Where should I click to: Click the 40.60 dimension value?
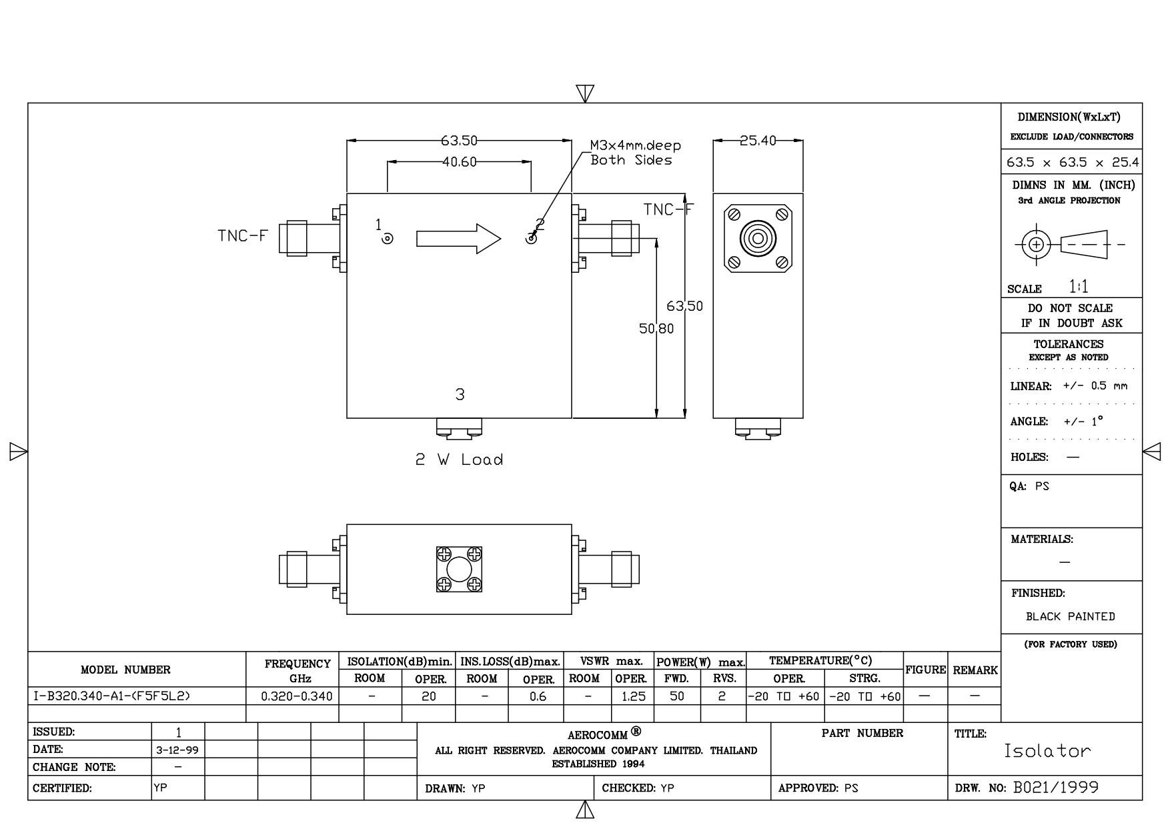click(458, 161)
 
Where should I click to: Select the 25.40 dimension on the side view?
click(758, 141)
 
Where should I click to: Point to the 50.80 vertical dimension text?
click(656, 329)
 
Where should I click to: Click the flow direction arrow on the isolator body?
click(458, 238)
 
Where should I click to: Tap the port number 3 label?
click(460, 395)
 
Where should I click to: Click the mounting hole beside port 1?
click(388, 238)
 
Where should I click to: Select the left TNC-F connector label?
click(243, 235)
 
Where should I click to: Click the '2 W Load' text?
click(460, 460)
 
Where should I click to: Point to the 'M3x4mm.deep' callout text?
click(635, 145)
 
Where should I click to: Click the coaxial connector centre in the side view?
click(758, 238)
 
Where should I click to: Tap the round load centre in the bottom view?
click(459, 570)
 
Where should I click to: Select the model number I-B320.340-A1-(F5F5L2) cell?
click(111, 696)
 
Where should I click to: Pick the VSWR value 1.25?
click(632, 696)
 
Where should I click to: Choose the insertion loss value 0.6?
click(537, 696)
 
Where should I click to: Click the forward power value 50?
click(676, 696)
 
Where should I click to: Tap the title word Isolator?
click(1047, 751)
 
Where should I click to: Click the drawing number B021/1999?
click(1055, 788)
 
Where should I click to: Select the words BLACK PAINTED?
click(1070, 616)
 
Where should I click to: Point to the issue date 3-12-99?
click(177, 750)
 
